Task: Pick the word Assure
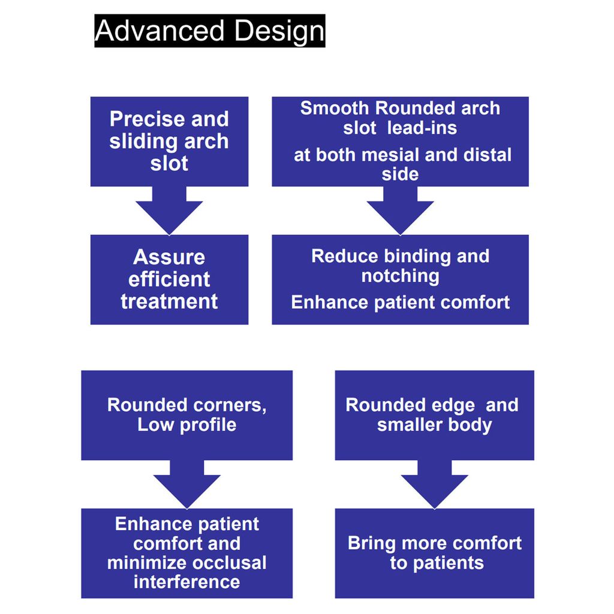169,257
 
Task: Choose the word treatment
169,301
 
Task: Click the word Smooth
335,109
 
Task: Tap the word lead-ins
422,128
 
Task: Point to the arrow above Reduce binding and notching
400,210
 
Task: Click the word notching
400,276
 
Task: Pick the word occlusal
230,563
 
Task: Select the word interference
186,582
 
